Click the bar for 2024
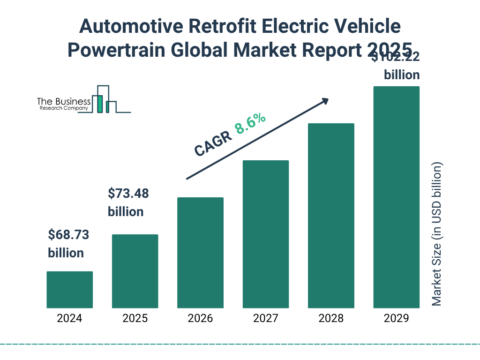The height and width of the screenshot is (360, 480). [x=69, y=290]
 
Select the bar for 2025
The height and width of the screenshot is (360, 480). [x=135, y=271]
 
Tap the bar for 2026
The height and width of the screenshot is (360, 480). [x=200, y=253]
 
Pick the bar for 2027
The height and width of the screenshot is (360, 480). [x=265, y=234]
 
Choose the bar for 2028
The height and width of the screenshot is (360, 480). [x=331, y=216]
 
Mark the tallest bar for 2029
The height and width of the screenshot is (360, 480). [x=396, y=197]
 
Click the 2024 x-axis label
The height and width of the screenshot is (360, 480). [x=69, y=319]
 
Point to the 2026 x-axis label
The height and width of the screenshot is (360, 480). [x=200, y=319]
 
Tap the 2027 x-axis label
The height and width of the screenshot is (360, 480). [x=265, y=319]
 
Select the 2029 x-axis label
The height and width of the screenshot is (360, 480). [x=396, y=319]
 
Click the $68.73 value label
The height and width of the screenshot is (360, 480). [x=68, y=234]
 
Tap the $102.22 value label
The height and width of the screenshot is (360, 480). [x=395, y=58]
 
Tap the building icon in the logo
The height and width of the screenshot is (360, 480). [x=104, y=99]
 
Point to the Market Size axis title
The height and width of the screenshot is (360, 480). [x=437, y=234]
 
